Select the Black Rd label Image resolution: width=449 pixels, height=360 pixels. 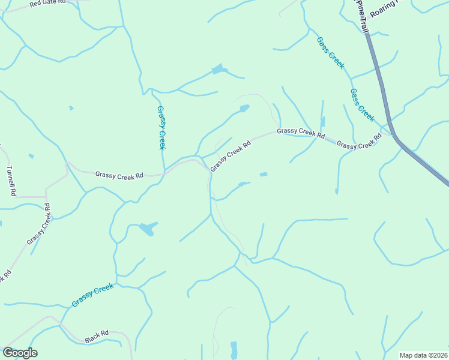click(97, 336)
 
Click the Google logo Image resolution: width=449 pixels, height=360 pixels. click(20, 353)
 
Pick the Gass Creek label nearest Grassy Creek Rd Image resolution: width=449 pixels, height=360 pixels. click(362, 105)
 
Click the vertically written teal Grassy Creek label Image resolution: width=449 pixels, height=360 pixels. click(161, 127)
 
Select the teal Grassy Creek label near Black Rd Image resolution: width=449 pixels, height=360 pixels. click(92, 295)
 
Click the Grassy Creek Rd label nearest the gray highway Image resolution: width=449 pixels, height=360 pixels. click(359, 142)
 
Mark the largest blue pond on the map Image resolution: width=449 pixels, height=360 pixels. click(147, 229)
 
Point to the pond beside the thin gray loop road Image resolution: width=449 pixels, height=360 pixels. click(243, 109)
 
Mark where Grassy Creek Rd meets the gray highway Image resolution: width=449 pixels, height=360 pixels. click(392, 134)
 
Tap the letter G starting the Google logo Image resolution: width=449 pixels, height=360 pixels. click(7, 353)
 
